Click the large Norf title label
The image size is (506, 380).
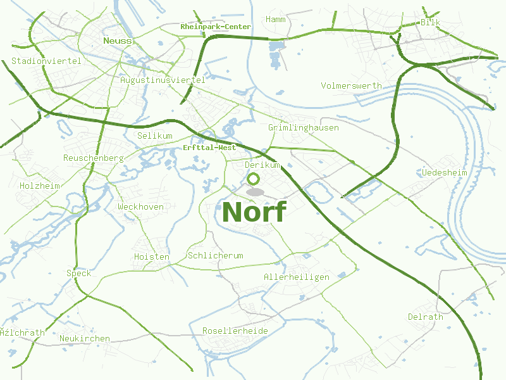click(x=254, y=212)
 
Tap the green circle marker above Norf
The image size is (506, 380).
click(x=254, y=179)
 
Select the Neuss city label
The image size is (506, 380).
click(x=118, y=41)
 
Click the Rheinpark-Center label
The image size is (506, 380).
click(x=215, y=27)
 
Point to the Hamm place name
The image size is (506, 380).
click(x=276, y=20)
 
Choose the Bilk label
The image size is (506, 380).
click(x=430, y=23)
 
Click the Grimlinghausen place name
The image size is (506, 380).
click(x=304, y=128)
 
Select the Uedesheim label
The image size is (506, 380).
click(x=444, y=172)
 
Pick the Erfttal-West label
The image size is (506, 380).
click(x=209, y=148)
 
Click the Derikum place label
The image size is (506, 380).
click(x=262, y=165)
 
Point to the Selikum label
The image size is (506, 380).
click(x=154, y=136)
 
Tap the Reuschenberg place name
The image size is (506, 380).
click(x=93, y=158)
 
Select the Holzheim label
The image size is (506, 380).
click(x=39, y=186)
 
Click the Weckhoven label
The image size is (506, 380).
click(x=140, y=207)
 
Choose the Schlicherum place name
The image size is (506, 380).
click(x=215, y=256)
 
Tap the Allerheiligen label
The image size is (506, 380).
click(x=297, y=277)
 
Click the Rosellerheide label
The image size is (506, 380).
click(x=235, y=331)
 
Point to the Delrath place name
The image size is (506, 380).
click(x=425, y=317)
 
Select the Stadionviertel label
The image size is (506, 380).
click(x=46, y=61)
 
